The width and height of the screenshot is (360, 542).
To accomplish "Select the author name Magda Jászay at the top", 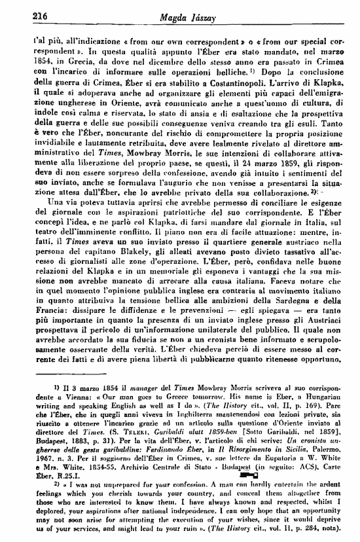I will [181, 15].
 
